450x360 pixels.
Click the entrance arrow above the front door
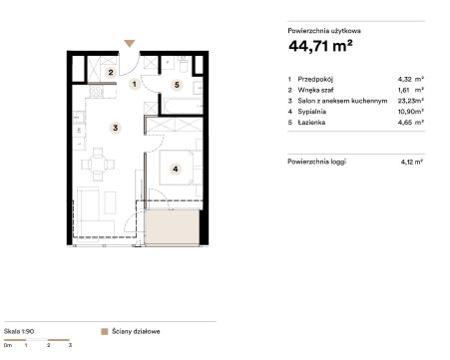coord(130,43)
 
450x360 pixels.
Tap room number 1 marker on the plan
coord(135,84)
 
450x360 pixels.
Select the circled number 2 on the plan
coord(111,72)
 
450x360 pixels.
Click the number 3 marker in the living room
coord(115,128)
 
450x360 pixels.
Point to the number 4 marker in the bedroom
coord(176,169)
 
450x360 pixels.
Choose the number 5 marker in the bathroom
coord(177,85)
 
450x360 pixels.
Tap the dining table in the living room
coord(98,165)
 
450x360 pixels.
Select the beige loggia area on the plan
coord(173,227)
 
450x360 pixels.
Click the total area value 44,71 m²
coord(320,46)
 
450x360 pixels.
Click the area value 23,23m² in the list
coord(411,101)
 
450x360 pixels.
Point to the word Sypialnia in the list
coord(311,112)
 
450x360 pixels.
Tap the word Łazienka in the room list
coord(311,123)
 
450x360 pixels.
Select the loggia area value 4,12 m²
coord(412,163)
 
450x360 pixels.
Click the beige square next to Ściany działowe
coord(105,332)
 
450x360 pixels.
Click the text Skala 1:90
coord(19,331)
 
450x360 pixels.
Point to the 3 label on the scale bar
coord(70,345)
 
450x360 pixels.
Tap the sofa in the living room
coord(94,212)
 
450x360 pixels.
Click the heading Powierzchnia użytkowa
coord(324,31)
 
